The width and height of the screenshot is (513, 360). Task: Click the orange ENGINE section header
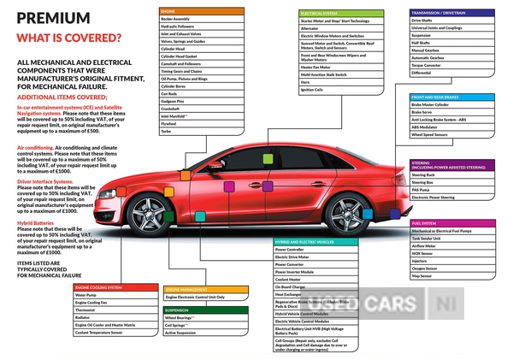click(168, 9)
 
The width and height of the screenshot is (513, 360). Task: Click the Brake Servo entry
click(422, 112)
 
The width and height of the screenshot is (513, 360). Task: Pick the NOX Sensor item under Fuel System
click(422, 254)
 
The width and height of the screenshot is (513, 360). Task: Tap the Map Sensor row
click(422, 276)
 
